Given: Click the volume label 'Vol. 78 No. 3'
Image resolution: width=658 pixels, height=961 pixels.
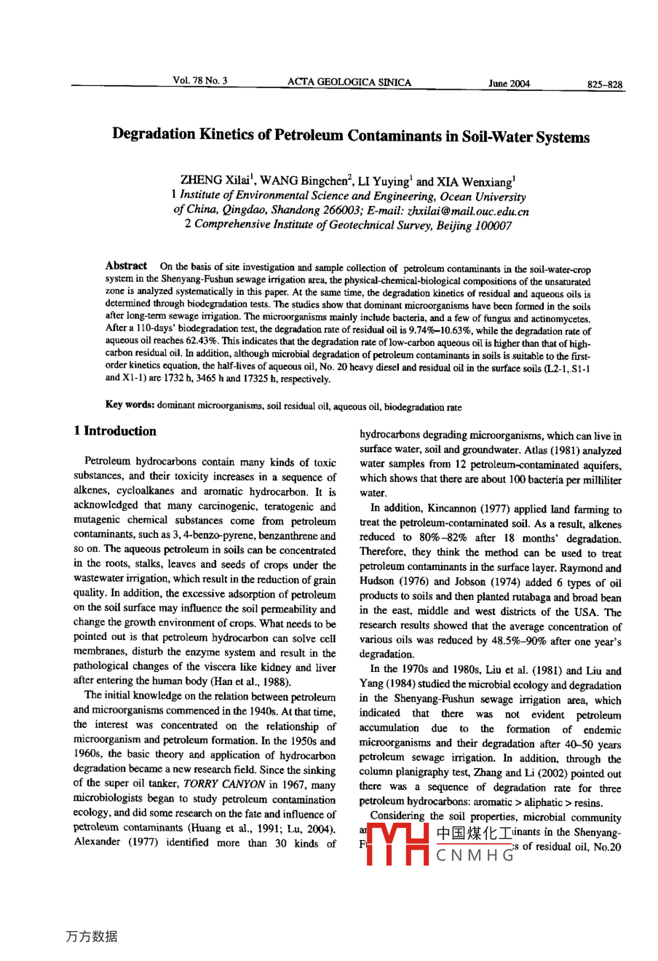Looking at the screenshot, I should tap(200, 81).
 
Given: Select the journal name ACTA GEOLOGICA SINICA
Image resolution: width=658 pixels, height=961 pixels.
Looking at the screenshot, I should tap(349, 82).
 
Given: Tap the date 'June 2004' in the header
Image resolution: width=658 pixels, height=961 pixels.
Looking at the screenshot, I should tap(509, 84).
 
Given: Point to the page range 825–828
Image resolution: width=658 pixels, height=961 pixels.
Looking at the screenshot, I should tap(605, 84).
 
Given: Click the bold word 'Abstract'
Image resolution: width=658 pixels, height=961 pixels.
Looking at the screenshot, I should tap(126, 266).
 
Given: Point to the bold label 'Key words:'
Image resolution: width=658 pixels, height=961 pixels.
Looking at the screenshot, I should tap(130, 406).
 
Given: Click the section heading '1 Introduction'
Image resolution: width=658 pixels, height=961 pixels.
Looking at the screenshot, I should tap(115, 431).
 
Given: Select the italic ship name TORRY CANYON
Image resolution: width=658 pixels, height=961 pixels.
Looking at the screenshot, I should tap(225, 785).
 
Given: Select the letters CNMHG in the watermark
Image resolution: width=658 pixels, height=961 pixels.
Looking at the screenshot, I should tap(475, 856).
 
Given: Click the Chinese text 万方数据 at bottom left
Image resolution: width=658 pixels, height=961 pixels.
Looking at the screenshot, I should tap(92, 937).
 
